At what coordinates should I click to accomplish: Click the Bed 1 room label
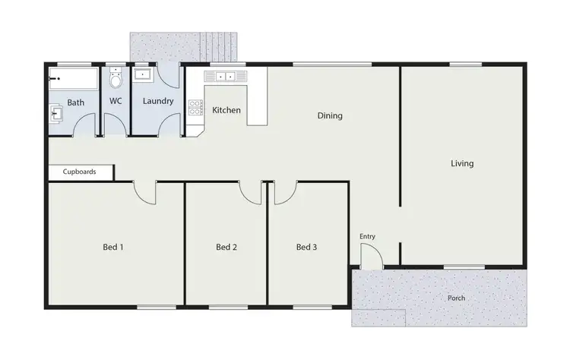[x=112, y=246]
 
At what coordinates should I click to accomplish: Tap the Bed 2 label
[x=226, y=246]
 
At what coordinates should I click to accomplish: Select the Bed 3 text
[x=306, y=246]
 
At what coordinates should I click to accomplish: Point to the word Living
[x=462, y=163]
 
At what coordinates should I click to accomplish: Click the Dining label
[x=330, y=116]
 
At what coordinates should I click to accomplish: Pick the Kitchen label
[x=226, y=110]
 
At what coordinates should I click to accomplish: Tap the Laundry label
[x=158, y=101]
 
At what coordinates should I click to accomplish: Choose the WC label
[x=116, y=101]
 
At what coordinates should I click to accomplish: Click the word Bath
[x=76, y=102]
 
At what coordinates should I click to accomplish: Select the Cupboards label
[x=80, y=172]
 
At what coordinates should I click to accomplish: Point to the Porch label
[x=456, y=298]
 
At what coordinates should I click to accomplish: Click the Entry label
[x=367, y=236]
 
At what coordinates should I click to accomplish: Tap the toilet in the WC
[x=116, y=78]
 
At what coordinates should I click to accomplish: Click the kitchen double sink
[x=223, y=76]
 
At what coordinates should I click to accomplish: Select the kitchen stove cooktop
[x=195, y=107]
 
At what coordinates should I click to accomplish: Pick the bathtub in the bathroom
[x=74, y=78]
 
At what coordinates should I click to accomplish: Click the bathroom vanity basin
[x=56, y=114]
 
